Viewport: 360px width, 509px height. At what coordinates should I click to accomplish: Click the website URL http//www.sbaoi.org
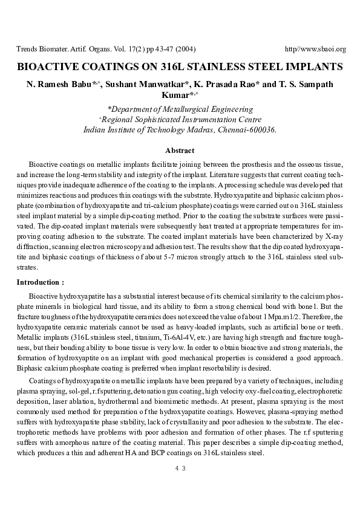(x=315, y=49)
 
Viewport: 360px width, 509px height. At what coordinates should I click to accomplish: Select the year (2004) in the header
(x=182, y=49)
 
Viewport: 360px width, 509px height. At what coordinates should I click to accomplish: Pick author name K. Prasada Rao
(x=227, y=84)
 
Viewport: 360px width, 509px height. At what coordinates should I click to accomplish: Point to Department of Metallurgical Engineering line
(x=180, y=109)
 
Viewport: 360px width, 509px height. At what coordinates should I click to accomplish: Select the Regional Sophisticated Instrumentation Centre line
(x=180, y=120)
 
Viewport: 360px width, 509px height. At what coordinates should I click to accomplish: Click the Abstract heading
(x=180, y=151)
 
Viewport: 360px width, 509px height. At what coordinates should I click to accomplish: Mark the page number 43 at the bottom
(x=180, y=468)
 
